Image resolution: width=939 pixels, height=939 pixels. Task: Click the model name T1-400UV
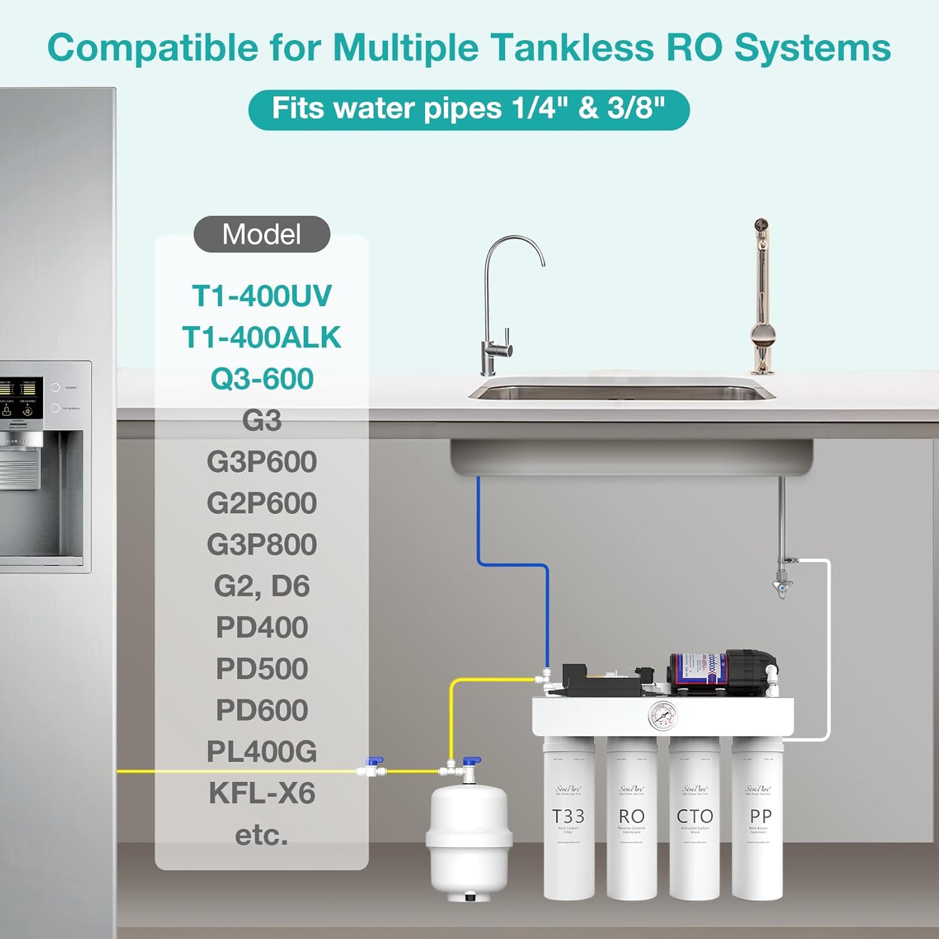262,296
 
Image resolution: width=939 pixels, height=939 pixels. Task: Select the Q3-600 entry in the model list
262,379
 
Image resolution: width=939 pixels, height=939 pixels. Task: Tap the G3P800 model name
262,545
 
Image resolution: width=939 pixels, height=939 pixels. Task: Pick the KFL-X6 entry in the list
262,793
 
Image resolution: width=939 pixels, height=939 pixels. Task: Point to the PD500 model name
262,669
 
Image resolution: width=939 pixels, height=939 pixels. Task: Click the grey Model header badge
262,234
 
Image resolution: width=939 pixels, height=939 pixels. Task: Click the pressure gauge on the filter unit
662,716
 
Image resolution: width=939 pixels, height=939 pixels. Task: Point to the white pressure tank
468,839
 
